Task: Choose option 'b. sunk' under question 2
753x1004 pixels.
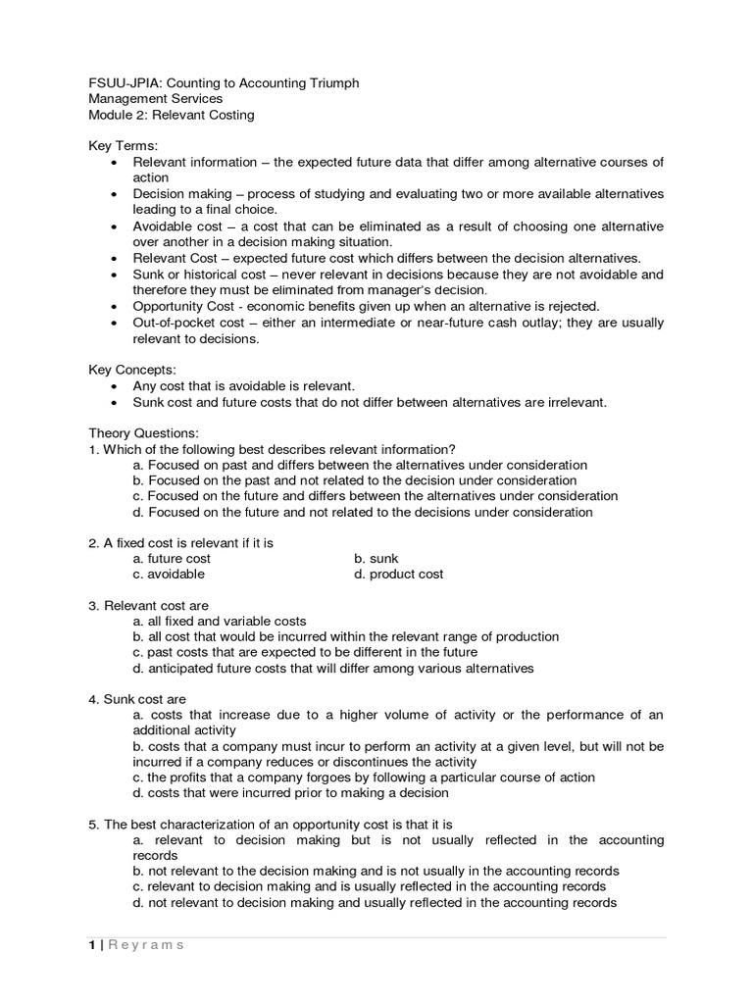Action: [x=376, y=558]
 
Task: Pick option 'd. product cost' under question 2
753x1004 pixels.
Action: [x=398, y=574]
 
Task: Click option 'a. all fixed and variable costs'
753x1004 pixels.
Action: [x=220, y=621]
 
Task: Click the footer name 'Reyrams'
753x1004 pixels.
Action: [x=145, y=944]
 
